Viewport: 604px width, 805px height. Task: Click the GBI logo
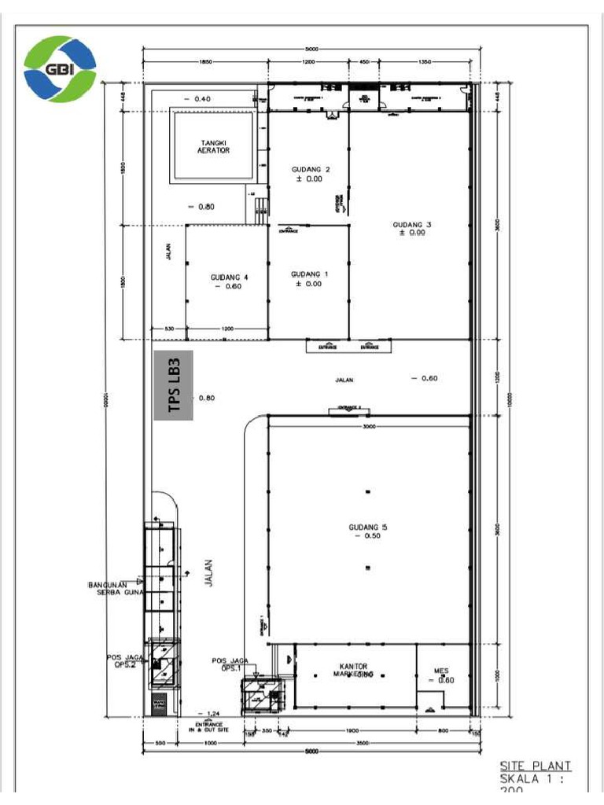(x=60, y=69)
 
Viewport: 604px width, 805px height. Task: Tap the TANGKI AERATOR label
(x=213, y=146)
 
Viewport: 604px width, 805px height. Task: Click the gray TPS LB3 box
(x=173, y=385)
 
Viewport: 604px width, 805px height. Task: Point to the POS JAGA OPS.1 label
(x=230, y=664)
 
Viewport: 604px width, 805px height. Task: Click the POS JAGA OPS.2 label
(x=124, y=660)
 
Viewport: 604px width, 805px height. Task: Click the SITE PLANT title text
(x=536, y=766)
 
